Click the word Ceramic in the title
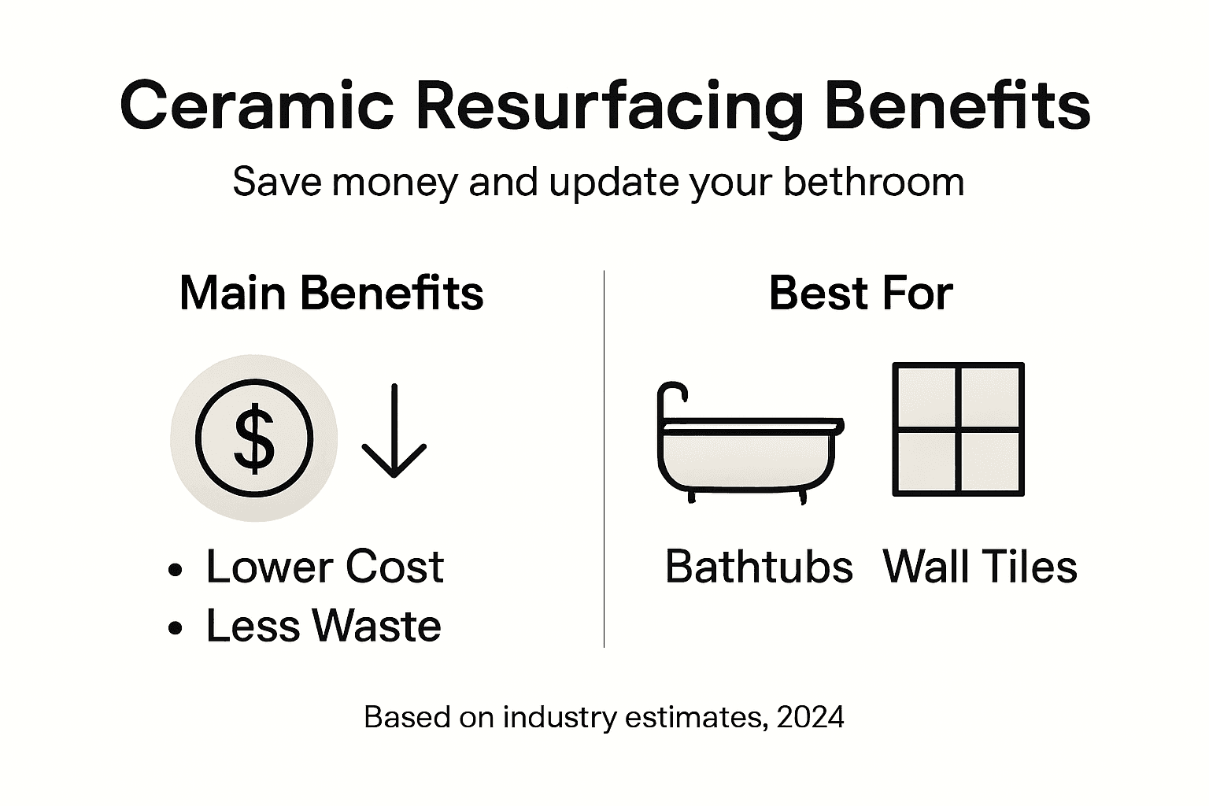257,105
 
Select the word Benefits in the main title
956,105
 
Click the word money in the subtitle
394,182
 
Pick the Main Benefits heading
331,293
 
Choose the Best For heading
860,293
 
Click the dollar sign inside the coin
254,439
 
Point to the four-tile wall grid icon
958,430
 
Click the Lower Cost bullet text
324,566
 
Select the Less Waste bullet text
323,626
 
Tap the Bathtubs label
759,566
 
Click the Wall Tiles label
980,566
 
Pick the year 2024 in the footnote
810,717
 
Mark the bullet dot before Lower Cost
176,569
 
